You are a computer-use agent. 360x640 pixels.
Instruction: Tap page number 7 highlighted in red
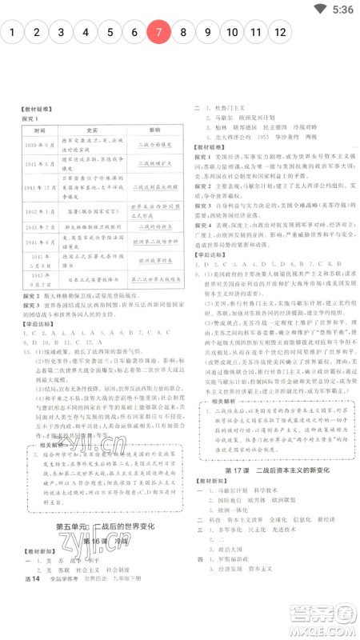[x=158, y=33]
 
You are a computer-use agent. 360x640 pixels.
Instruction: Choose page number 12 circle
[x=280, y=33]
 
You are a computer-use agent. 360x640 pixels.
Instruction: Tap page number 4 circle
[x=85, y=33]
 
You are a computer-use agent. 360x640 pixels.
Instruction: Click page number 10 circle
[x=232, y=33]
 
